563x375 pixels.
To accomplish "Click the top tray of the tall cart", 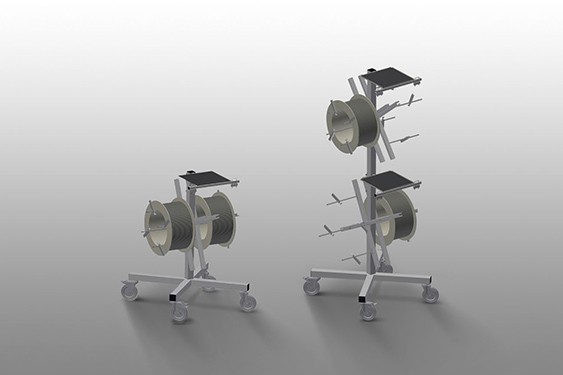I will (385, 75).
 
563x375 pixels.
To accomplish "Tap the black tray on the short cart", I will (206, 177).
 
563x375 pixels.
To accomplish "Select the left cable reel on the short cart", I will (170, 228).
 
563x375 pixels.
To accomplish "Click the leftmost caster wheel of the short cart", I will (129, 291).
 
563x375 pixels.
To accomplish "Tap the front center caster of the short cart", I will (180, 313).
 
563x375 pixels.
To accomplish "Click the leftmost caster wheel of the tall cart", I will (312, 287).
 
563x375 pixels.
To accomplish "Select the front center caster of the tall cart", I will (368, 311).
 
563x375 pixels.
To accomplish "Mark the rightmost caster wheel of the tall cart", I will (430, 294).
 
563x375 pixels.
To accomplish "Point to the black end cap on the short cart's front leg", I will (176, 297).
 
